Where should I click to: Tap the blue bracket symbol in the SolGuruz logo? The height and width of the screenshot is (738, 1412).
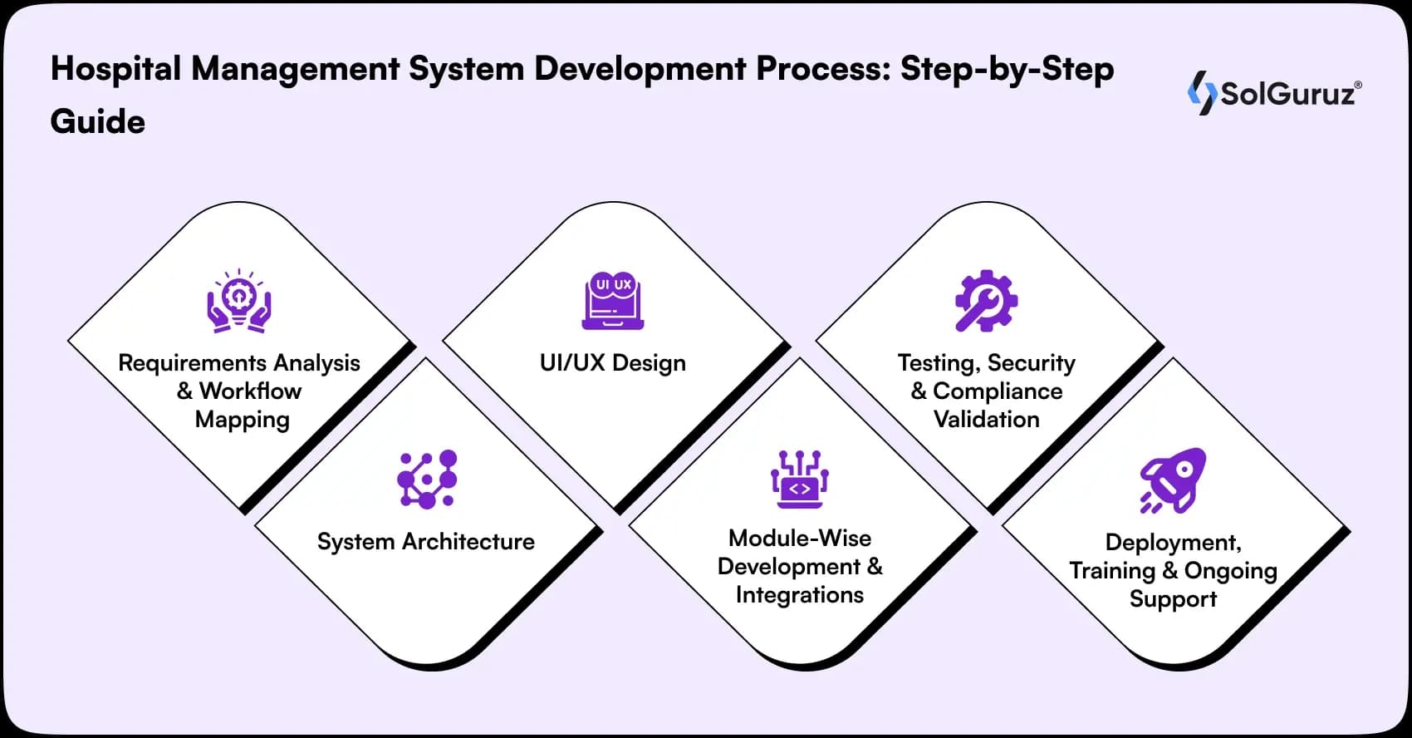click(1201, 92)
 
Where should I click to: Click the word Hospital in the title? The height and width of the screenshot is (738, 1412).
click(115, 69)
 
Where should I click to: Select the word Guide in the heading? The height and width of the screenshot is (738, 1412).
click(98, 122)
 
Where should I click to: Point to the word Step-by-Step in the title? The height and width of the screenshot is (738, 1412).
click(1007, 69)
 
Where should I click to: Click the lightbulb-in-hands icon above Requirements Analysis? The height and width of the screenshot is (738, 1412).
click(239, 302)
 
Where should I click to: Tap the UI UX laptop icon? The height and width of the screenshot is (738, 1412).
click(613, 301)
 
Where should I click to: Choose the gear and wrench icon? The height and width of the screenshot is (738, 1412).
click(986, 301)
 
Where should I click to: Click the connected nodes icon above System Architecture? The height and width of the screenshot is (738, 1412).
click(427, 480)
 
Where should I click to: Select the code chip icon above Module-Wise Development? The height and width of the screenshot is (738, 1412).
click(799, 480)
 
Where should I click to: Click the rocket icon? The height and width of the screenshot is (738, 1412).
click(1173, 480)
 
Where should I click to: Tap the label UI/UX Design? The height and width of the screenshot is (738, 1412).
click(613, 363)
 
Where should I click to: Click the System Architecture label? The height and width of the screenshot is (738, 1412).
click(426, 542)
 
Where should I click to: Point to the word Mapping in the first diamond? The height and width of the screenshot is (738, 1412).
click(242, 420)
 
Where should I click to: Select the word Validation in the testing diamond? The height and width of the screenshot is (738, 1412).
click(986, 419)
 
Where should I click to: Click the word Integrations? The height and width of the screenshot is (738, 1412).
click(799, 595)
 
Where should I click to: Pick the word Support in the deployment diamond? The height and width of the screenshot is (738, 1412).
click(1173, 599)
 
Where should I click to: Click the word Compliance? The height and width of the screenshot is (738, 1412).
click(997, 391)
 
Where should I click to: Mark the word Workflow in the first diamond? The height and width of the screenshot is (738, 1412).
click(250, 391)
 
